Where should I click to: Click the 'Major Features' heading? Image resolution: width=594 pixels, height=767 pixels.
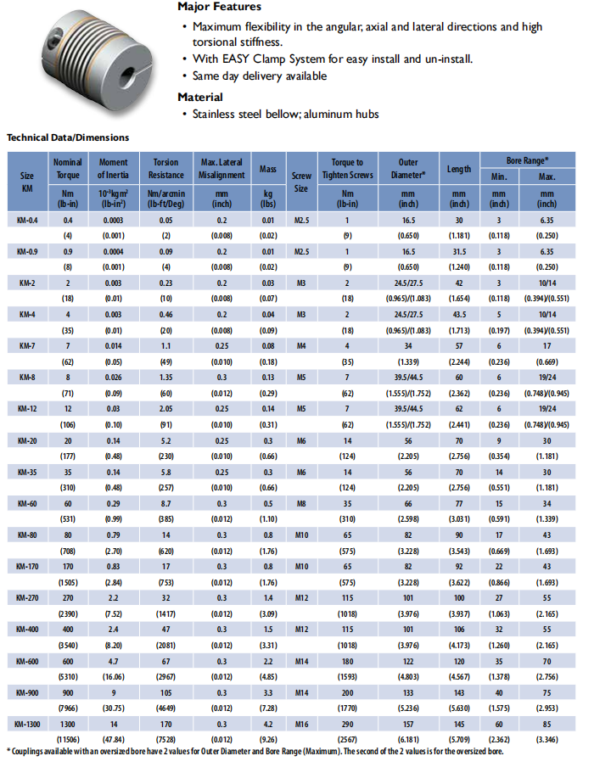[x=220, y=7]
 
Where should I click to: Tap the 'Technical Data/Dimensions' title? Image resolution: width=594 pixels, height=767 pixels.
[x=68, y=137]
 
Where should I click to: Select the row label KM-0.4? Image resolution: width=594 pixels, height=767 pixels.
[x=27, y=220]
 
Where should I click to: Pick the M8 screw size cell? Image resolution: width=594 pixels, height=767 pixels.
[x=300, y=503]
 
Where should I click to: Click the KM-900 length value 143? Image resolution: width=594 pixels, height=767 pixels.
[x=459, y=691]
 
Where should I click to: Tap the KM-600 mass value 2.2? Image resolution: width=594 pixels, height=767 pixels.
[x=268, y=660]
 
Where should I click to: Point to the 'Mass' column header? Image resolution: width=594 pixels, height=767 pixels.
[x=268, y=169]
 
